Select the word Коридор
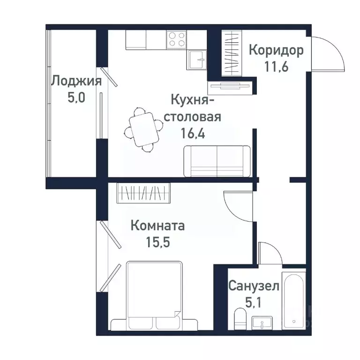click(x=276, y=50)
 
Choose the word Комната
click(x=157, y=226)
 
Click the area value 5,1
click(x=254, y=301)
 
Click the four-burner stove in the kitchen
click(x=177, y=38)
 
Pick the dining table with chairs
click(x=142, y=129)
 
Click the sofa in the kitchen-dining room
click(x=217, y=161)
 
